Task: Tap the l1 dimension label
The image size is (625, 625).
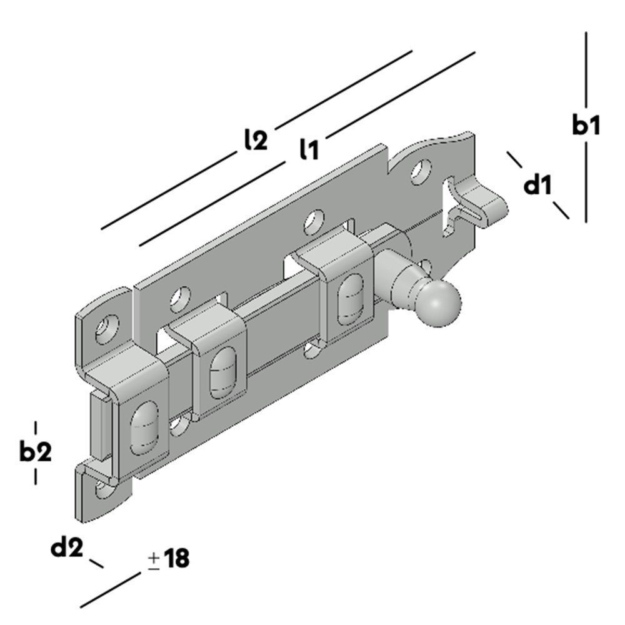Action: (x=309, y=149)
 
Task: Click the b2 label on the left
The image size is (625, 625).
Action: (x=35, y=451)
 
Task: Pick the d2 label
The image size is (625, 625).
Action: (x=67, y=548)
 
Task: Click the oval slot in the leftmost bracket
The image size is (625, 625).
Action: (x=143, y=430)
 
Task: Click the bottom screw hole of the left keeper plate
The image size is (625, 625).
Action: (x=102, y=489)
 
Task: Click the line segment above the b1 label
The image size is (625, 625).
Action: (x=586, y=69)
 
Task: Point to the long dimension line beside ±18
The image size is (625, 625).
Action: (x=110, y=590)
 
